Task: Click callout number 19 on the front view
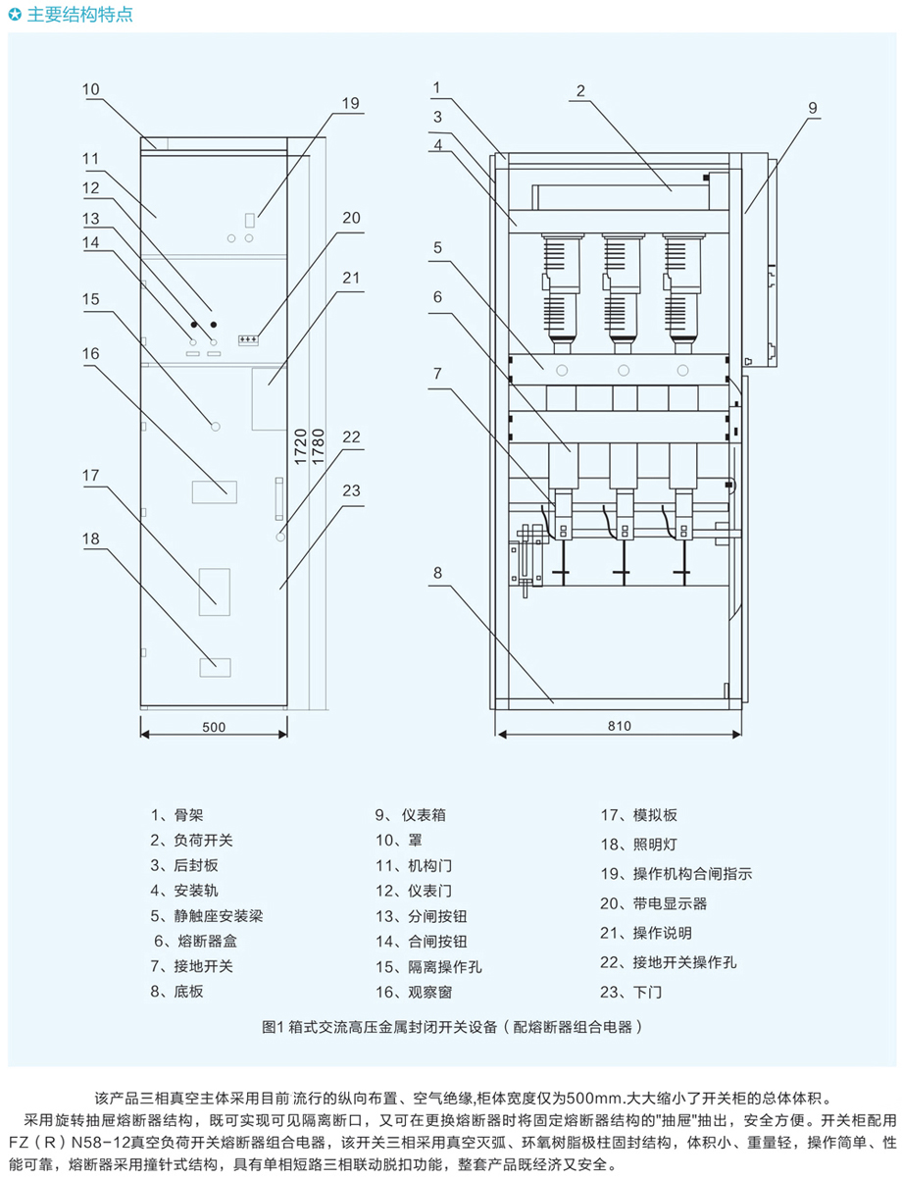tap(351, 103)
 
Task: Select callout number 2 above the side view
tap(580, 91)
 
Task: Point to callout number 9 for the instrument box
tap(813, 108)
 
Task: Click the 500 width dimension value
tap(214, 727)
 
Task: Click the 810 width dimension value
tap(618, 727)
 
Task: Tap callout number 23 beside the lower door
tap(351, 490)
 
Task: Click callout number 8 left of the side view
tap(437, 572)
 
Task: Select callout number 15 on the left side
tap(90, 299)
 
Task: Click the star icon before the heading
tap(14, 15)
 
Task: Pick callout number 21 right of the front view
tap(351, 277)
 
